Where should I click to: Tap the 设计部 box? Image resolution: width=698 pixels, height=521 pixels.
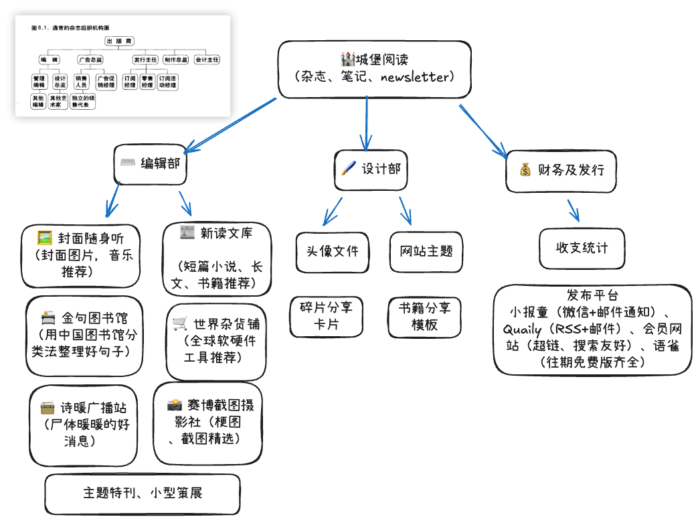click(370, 170)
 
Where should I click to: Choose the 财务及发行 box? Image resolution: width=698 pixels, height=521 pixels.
click(561, 170)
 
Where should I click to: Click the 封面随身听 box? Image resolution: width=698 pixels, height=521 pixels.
click(80, 254)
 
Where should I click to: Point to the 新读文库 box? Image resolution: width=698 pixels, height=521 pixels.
click(217, 258)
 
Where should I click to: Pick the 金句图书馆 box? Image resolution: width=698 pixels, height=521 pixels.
click(84, 334)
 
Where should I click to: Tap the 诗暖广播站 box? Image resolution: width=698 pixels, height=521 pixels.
click(84, 424)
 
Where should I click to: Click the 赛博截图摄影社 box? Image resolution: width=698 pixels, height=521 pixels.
click(207, 422)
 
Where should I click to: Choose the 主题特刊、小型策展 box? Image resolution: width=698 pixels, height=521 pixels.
click(143, 494)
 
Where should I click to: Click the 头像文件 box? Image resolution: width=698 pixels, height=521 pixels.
click(332, 252)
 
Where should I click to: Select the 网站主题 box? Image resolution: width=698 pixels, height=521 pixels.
click(426, 252)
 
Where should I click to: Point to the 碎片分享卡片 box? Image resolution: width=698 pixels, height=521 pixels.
click(327, 316)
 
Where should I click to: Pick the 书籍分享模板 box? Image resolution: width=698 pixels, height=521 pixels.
click(424, 316)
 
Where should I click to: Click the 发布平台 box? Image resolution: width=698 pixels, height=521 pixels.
click(592, 329)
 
